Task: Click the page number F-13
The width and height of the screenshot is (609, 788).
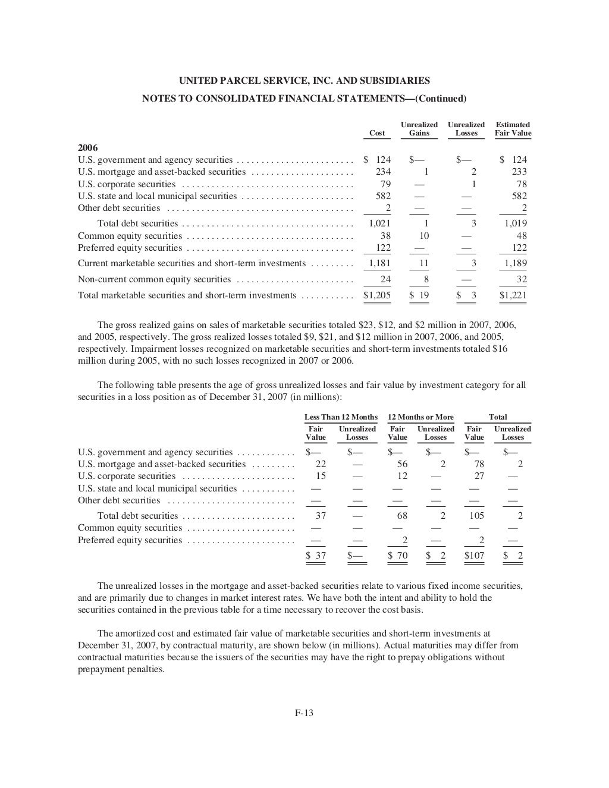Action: click(x=304, y=713)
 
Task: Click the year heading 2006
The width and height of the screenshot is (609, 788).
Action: click(x=88, y=147)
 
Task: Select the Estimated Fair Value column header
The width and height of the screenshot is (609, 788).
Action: click(x=513, y=129)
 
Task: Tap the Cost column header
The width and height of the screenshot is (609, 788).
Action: click(x=377, y=133)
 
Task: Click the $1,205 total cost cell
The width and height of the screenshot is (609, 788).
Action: click(x=377, y=295)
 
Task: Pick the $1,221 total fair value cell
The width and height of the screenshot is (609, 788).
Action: click(x=513, y=295)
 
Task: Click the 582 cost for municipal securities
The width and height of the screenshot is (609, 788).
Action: click(x=383, y=196)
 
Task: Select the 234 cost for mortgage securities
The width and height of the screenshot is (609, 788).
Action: click(x=383, y=172)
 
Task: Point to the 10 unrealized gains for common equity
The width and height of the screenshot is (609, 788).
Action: click(x=425, y=236)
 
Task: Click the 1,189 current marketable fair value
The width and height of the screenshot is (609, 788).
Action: click(x=516, y=263)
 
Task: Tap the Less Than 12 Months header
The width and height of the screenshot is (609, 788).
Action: click(x=341, y=417)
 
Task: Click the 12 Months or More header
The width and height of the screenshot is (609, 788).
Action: click(x=420, y=417)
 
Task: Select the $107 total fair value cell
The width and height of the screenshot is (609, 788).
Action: click(x=474, y=556)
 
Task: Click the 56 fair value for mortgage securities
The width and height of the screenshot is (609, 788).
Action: click(x=402, y=464)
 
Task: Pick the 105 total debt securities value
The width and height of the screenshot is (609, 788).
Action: click(x=476, y=516)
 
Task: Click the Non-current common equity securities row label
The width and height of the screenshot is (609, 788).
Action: click(x=154, y=279)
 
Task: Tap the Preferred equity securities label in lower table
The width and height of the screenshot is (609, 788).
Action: click(x=130, y=540)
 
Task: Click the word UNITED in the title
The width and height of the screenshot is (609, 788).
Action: click(x=197, y=81)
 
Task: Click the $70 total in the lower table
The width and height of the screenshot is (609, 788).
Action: click(x=398, y=556)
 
